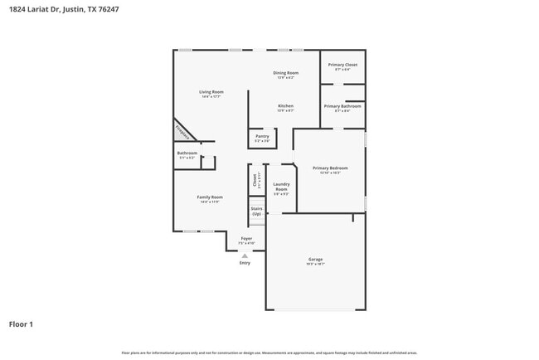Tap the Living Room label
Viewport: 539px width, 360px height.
click(x=211, y=91)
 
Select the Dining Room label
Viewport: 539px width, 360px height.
click(x=286, y=73)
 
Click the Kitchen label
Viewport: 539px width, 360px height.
click(x=285, y=105)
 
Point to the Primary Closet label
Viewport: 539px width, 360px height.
click(x=342, y=65)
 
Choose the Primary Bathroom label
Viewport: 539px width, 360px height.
click(x=342, y=106)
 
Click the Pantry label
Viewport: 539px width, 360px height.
click(x=262, y=136)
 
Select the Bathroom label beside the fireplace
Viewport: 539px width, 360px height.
click(x=187, y=153)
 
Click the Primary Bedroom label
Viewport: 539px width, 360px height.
click(x=330, y=168)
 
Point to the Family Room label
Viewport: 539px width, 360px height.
click(x=209, y=197)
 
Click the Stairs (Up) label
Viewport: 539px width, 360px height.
click(x=257, y=212)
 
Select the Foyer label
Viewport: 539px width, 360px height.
click(x=246, y=238)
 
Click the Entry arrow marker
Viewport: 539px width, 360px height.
click(x=245, y=255)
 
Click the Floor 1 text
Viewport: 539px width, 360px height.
click(x=21, y=324)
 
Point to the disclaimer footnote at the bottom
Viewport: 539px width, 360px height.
click(x=269, y=352)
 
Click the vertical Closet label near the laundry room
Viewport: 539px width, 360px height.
click(x=254, y=178)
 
